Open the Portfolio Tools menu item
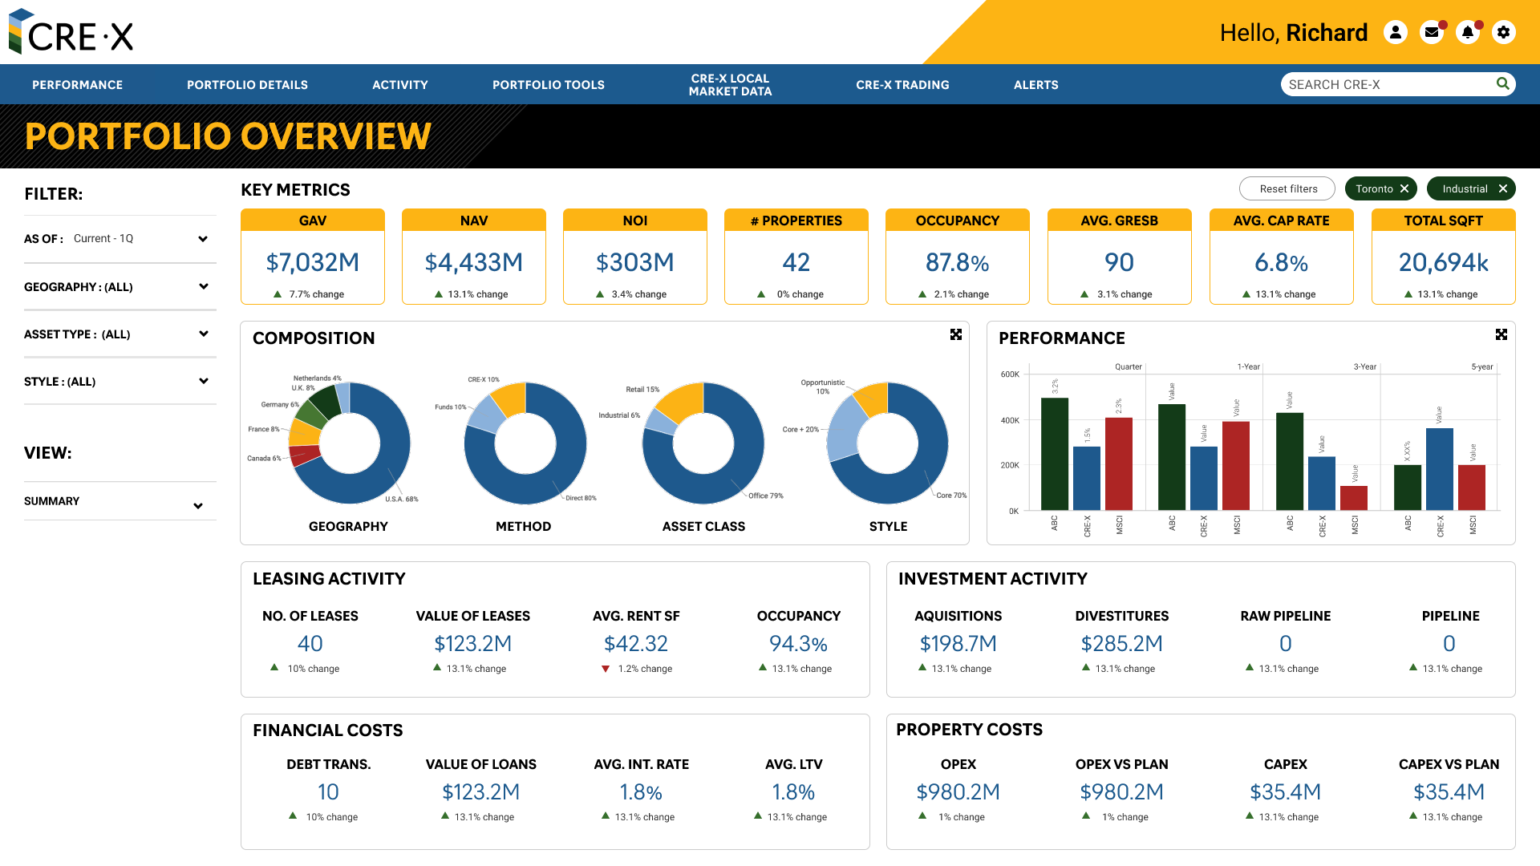coord(548,85)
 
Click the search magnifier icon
coord(1502,84)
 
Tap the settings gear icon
coord(1503,32)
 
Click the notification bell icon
coord(1467,32)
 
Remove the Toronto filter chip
coord(1404,189)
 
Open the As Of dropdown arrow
coord(203,239)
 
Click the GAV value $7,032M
coord(312,262)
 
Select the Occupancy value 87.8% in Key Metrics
coord(957,262)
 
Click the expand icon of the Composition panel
coord(955,334)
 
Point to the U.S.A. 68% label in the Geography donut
coord(401,499)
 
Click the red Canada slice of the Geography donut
coord(306,455)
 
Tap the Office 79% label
coord(765,496)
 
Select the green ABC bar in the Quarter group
coord(1054,454)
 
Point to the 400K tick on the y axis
coord(1009,420)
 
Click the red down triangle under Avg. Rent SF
coord(606,669)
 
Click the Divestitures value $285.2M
coord(1121,644)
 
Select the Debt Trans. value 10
coord(328,792)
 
